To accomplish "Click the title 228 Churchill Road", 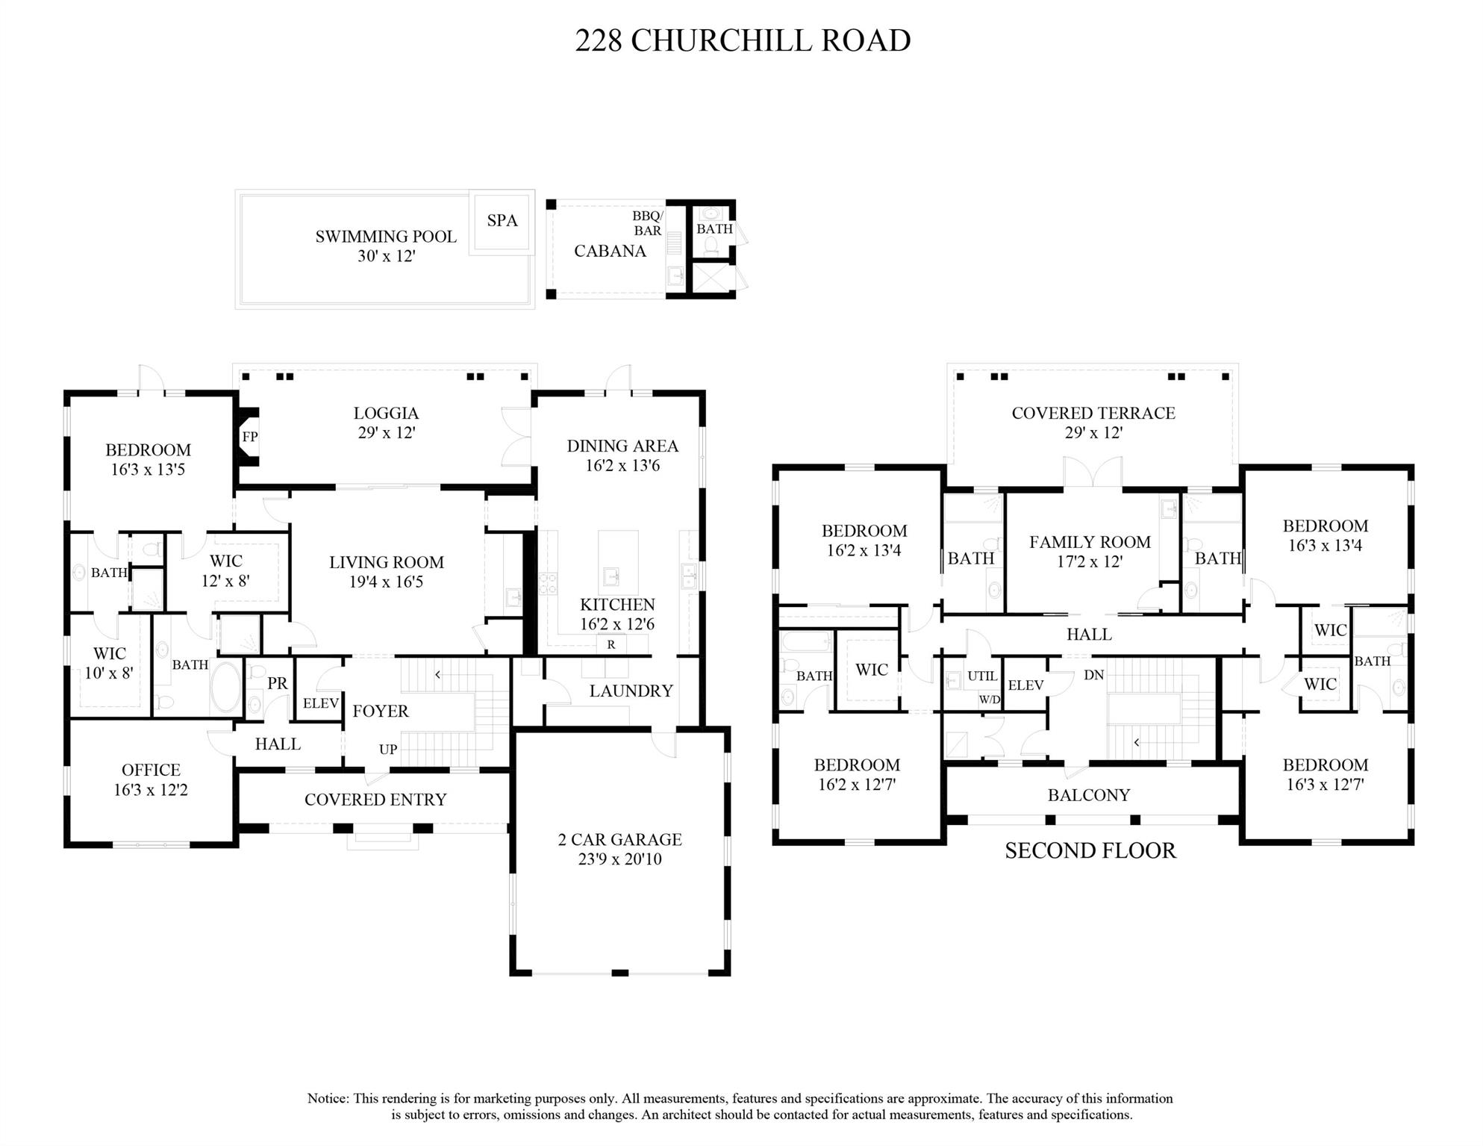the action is click(x=743, y=40).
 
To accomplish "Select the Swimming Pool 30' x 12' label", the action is click(x=386, y=246).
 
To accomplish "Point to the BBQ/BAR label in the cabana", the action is click(x=647, y=223).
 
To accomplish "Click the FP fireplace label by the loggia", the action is click(x=250, y=436).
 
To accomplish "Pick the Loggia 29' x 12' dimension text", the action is click(x=386, y=432).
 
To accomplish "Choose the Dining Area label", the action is click(x=622, y=446).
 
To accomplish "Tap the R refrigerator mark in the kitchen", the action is click(x=611, y=644).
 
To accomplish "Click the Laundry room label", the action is click(x=631, y=691).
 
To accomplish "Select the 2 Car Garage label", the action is click(x=619, y=839).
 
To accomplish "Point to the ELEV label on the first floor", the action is click(x=321, y=703).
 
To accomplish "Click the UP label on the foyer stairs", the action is click(x=388, y=750).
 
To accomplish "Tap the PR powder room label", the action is click(x=277, y=683).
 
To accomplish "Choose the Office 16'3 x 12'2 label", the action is click(x=151, y=779).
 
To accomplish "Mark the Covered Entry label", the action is click(x=375, y=800).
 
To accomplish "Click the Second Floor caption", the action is click(x=1090, y=850).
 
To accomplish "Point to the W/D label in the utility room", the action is click(x=990, y=700).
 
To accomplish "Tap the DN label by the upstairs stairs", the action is click(x=1093, y=675).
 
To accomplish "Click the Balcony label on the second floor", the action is click(x=1089, y=795).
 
